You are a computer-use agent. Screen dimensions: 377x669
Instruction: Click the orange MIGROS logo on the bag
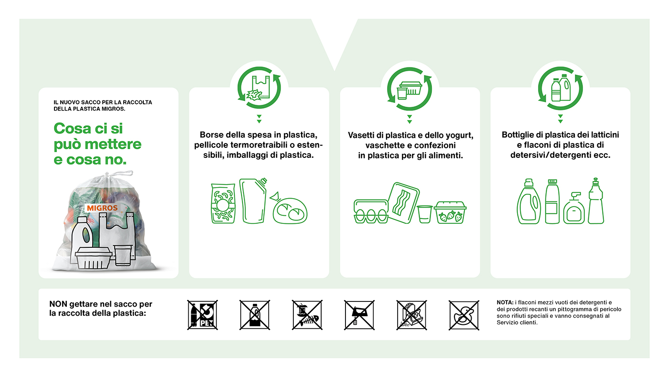(102, 208)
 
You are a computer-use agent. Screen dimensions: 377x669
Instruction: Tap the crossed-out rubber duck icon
(464, 315)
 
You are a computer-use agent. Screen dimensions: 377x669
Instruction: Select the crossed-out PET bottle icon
(202, 315)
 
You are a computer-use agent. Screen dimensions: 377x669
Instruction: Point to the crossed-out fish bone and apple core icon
(307, 315)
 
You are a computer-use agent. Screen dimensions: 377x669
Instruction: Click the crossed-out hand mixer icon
(359, 315)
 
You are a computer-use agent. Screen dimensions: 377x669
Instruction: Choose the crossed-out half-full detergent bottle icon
(255, 315)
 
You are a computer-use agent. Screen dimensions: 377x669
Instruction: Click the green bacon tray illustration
(403, 201)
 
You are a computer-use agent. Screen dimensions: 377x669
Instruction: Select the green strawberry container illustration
(450, 213)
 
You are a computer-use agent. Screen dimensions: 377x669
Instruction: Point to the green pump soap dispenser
(573, 209)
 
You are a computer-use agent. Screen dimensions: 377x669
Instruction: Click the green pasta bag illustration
(223, 204)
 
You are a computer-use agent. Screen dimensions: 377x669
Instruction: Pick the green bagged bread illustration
(289, 210)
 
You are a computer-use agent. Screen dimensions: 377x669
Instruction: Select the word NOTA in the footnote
(505, 302)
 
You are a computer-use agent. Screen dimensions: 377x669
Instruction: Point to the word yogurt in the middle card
(458, 135)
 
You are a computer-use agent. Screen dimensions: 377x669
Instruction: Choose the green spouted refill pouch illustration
(253, 201)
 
